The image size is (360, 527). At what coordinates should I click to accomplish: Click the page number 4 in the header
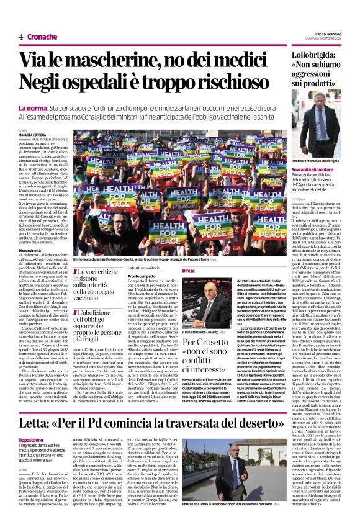20,37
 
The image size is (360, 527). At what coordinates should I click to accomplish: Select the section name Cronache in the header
42,37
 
